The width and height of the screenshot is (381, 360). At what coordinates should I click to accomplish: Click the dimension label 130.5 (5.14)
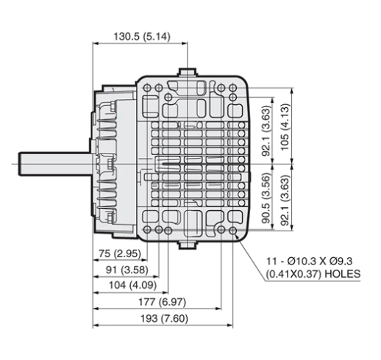142,37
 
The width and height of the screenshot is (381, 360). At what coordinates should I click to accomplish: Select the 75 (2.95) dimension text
120,253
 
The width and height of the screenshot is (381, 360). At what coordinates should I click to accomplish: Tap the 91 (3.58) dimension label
127,270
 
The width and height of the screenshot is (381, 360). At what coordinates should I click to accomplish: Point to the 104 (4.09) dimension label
132,285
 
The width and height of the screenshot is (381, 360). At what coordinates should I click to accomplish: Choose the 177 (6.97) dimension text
163,302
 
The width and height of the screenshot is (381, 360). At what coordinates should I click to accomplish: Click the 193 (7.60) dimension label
164,319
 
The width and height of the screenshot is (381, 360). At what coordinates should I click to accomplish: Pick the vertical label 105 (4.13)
285,128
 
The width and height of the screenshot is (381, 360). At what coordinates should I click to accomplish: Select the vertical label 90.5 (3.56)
266,198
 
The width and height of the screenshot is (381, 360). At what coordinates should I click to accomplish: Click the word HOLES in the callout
343,274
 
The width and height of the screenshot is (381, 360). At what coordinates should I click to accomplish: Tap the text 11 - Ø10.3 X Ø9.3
310,262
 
